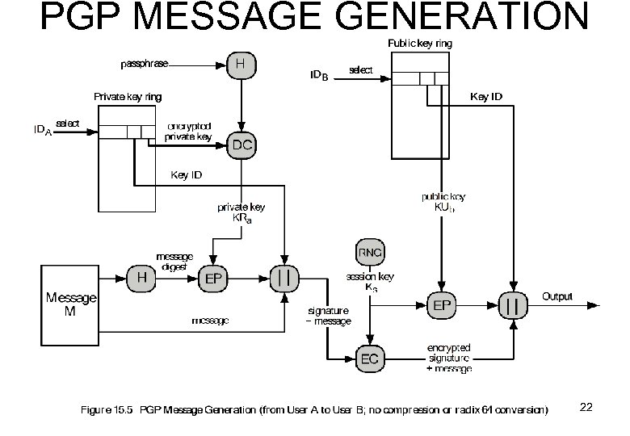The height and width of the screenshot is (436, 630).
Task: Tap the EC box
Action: pos(369,359)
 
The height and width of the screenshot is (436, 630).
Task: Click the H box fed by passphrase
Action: pos(241,63)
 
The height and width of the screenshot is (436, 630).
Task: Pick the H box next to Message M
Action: pos(141,278)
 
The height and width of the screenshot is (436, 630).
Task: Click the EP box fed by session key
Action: pos(443,306)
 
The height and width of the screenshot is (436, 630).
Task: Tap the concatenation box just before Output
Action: pos(512,306)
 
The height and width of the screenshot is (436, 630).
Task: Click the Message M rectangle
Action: pos(70,304)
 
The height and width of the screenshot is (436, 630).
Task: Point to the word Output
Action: pos(557,296)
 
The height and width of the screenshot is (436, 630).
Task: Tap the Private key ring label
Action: pos(128,97)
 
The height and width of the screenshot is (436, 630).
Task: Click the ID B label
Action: pos(320,76)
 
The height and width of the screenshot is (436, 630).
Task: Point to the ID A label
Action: pos(43,131)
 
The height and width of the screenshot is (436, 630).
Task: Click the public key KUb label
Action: pos(440,202)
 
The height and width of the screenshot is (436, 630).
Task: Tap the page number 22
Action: pos(586,407)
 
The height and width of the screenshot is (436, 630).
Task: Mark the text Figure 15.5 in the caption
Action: pos(107,410)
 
